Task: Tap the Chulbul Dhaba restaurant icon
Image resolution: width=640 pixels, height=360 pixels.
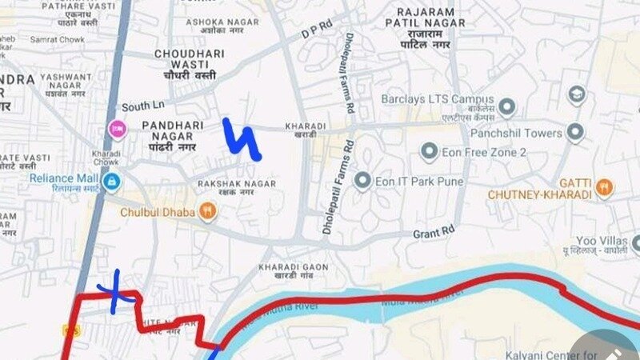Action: coord(208,212)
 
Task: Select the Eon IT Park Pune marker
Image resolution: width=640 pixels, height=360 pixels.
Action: coord(363,182)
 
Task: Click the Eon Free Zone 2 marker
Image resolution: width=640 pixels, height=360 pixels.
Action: coord(430,152)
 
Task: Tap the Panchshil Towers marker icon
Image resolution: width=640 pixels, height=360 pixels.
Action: coord(575,133)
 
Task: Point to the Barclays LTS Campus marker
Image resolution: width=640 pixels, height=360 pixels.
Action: coord(506,106)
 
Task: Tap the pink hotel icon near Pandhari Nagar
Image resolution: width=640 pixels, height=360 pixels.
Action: coord(118,129)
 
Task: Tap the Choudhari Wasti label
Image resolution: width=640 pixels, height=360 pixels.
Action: coord(186,64)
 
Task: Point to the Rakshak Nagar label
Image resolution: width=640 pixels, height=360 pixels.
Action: coord(237,188)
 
